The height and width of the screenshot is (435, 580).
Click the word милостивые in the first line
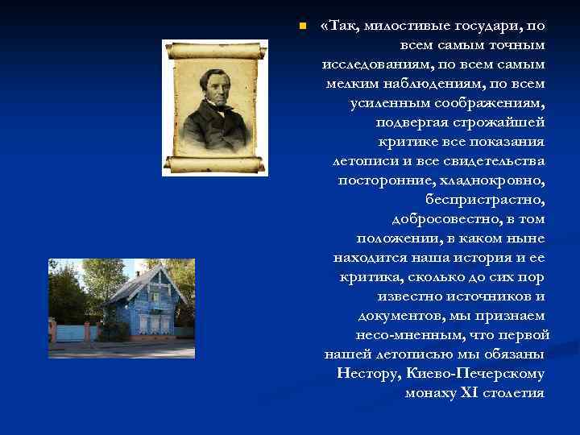(400, 27)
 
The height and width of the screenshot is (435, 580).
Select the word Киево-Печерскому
(476, 374)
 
